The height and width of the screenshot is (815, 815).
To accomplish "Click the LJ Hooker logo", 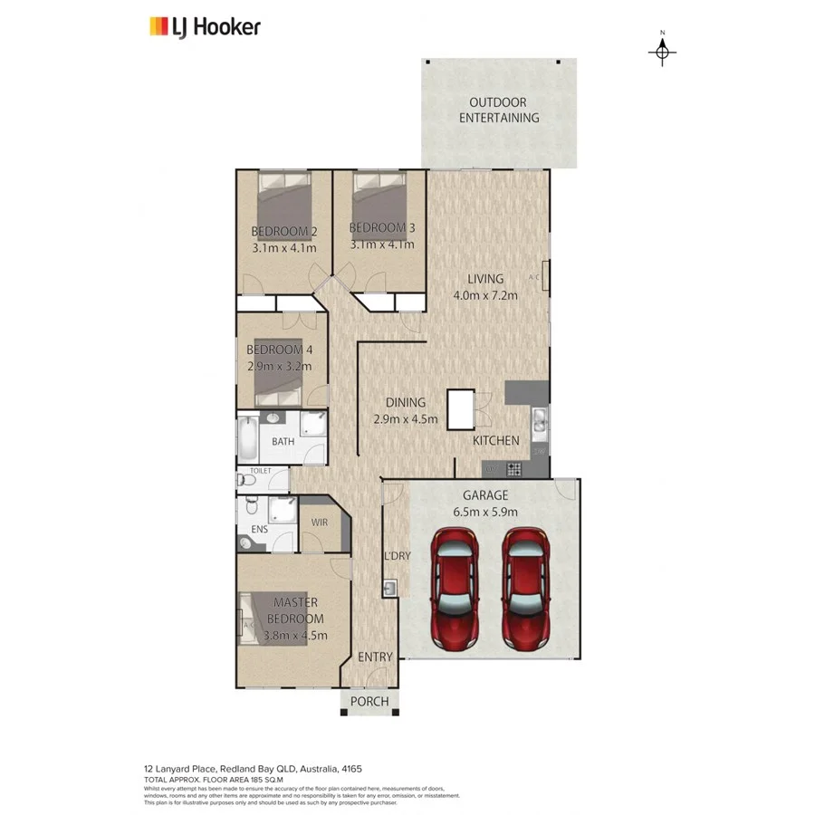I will [205, 26].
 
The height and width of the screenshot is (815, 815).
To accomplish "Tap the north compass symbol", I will [662, 52].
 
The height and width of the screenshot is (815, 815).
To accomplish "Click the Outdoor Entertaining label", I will [499, 110].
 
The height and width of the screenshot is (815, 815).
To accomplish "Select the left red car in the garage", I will [454, 589].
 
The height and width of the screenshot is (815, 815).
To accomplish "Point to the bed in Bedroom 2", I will [285, 192].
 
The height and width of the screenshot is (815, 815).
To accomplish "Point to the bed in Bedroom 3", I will [379, 192].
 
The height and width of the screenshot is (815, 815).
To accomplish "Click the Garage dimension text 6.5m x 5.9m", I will [485, 511].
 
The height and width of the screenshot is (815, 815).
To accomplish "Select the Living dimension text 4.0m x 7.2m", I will [485, 295].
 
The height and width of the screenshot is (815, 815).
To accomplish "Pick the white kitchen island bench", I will [461, 410].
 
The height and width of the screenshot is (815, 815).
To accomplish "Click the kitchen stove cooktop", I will [513, 469].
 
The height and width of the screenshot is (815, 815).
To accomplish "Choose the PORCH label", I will [369, 701].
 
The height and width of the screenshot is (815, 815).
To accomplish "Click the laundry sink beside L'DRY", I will [390, 590].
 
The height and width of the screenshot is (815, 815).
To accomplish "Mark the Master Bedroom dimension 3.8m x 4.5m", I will [296, 635].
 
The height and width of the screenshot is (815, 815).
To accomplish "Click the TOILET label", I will [261, 471].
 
